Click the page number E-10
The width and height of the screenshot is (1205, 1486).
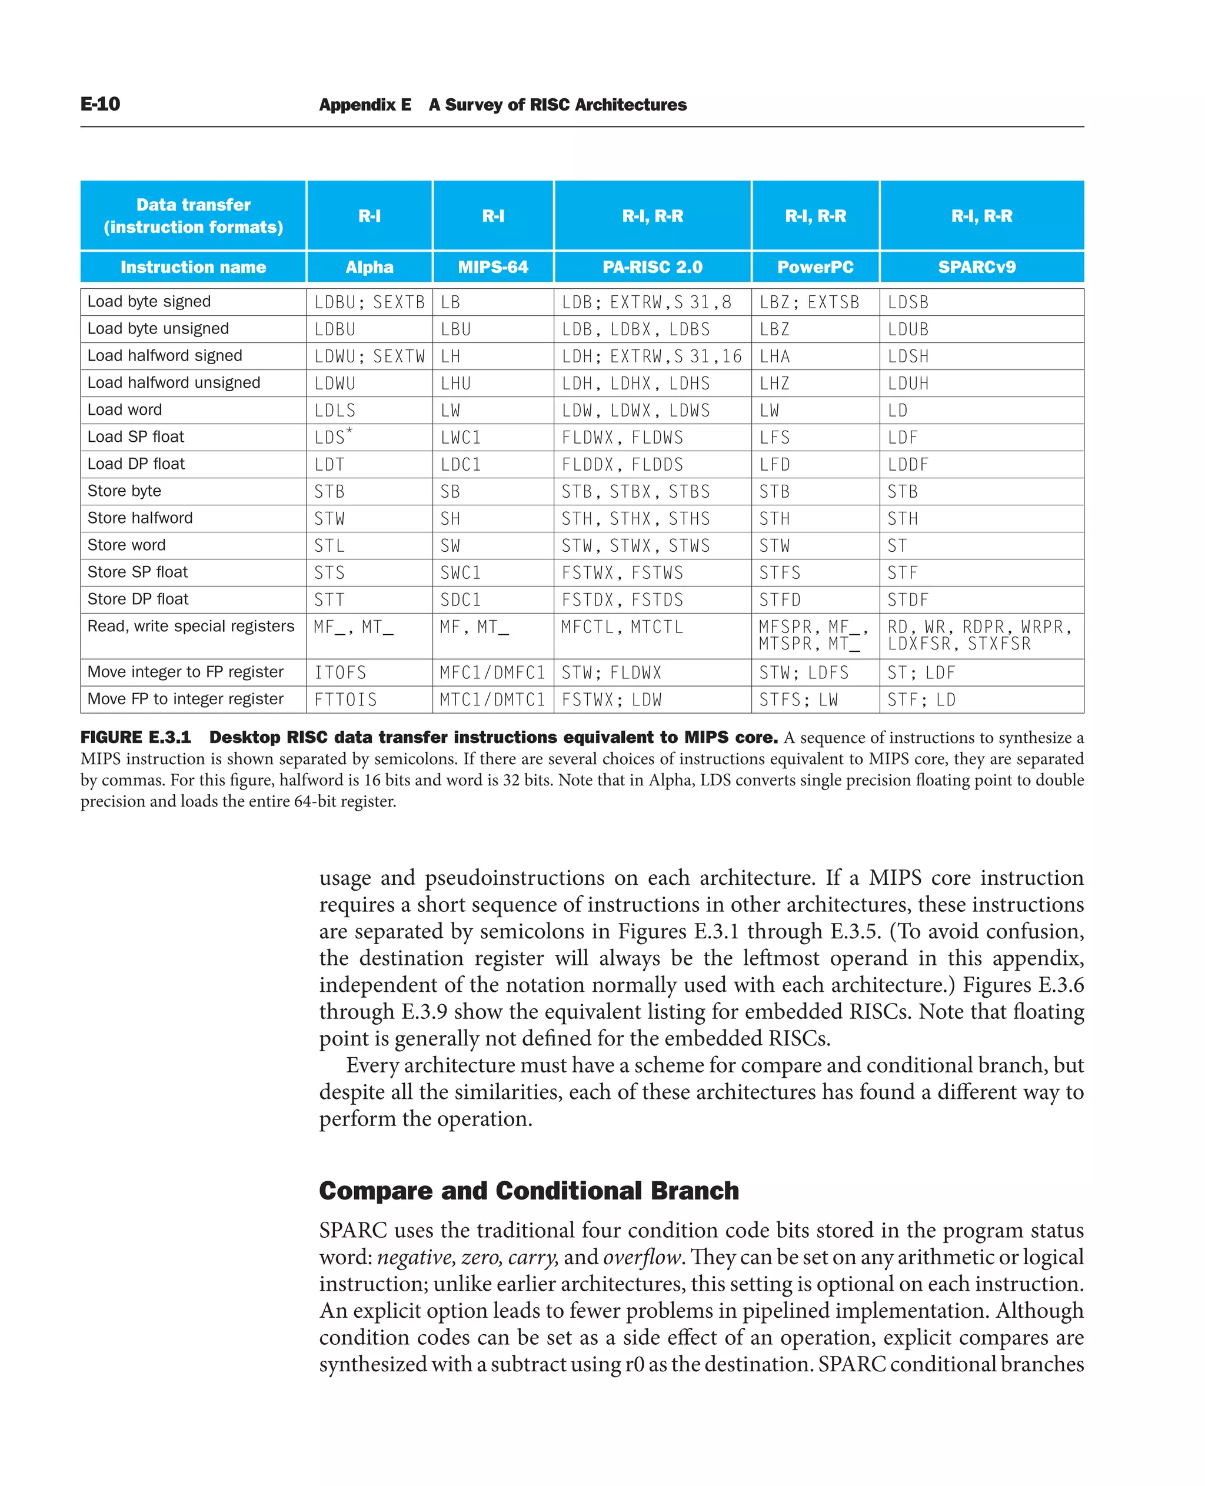pos(100,104)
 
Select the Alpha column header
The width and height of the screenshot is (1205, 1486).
pos(370,267)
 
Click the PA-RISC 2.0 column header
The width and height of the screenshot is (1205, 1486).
pos(652,267)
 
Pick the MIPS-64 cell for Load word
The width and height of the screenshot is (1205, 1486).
pos(451,410)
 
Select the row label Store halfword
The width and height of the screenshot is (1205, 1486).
pos(140,518)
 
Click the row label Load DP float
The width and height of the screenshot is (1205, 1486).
pos(136,464)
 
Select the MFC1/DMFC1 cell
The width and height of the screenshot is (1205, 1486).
pos(492,672)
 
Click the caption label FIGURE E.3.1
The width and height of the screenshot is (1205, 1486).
pos(135,737)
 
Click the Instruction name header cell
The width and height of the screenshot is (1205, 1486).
pos(193,267)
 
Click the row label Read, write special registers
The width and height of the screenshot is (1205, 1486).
pos(190,626)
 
